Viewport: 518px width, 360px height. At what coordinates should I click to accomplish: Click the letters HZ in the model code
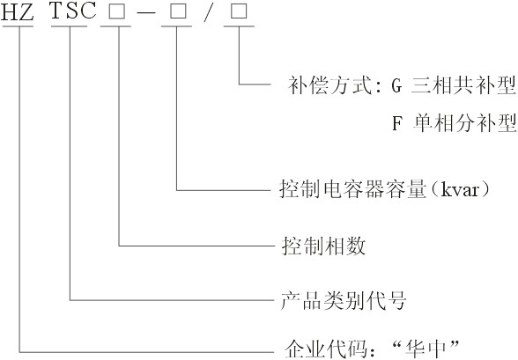coord(18,12)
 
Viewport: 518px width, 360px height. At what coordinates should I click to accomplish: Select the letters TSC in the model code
coord(73,11)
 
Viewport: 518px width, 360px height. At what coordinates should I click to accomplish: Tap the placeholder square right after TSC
coord(117,12)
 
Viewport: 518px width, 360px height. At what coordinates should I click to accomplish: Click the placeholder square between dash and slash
coord(178,12)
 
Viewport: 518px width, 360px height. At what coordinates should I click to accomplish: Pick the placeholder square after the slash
coord(239,12)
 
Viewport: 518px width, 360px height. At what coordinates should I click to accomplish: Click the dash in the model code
coord(145,12)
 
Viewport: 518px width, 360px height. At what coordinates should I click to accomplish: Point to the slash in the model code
coord(208,12)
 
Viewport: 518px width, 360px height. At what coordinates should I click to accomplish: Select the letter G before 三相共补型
coord(396,86)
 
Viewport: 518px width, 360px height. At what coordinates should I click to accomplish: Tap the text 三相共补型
coord(463,85)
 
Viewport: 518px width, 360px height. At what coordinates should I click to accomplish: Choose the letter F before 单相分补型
coord(396,124)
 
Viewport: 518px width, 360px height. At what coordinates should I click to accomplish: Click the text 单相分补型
coord(465,123)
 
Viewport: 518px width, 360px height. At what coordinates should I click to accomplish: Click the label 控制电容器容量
coord(352,189)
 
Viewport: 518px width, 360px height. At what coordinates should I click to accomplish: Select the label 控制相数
coord(324,246)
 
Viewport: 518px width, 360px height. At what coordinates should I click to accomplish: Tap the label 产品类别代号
coord(344,300)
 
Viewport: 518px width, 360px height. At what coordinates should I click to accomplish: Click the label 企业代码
coord(326,349)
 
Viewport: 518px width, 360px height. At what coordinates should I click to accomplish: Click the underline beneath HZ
coord(18,26)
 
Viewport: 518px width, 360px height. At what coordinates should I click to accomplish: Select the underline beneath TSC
coord(70,26)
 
